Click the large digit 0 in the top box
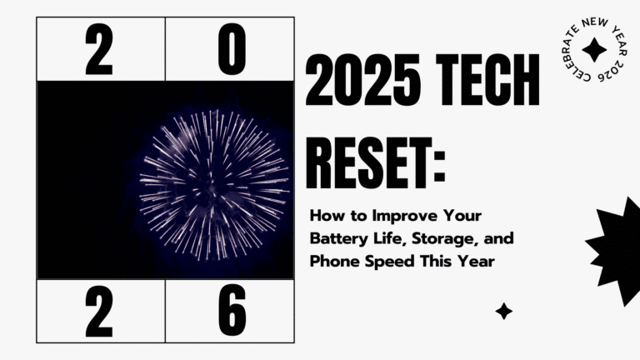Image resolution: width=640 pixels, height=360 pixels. (x=232, y=49)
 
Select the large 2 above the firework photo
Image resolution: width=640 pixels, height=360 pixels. (x=98, y=49)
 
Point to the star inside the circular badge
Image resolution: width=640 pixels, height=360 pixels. (x=592, y=51)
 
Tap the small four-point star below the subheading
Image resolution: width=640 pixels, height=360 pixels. (x=503, y=312)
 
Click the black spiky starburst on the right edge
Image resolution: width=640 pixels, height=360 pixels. (x=617, y=242)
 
